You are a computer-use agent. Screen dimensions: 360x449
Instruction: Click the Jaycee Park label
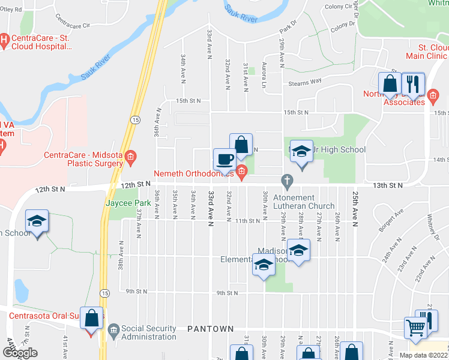tap(128, 203)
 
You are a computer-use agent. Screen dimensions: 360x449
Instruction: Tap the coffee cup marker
tap(225, 159)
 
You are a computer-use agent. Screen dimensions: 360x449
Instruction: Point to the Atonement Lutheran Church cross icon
tap(288, 180)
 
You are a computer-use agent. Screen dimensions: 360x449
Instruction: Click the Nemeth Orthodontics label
tap(193, 174)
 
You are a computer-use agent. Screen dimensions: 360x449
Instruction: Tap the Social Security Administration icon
tap(113, 329)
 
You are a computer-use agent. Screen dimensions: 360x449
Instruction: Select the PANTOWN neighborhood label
tap(208, 329)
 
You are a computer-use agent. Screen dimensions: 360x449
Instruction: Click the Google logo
tap(19, 353)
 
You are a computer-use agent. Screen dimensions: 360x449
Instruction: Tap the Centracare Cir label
tap(71, 22)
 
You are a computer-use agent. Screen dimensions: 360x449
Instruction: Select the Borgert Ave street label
tap(390, 223)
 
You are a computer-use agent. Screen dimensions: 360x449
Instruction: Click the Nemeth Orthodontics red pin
tap(241, 173)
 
